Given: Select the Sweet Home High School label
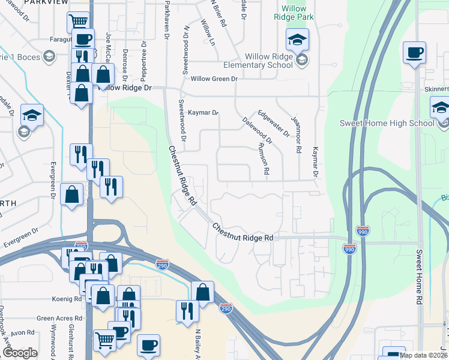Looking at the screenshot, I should click(x=387, y=124).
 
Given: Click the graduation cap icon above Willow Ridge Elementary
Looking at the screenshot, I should click(x=296, y=40).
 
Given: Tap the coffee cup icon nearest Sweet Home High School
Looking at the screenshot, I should click(x=414, y=53).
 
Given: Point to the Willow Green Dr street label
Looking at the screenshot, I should click(x=214, y=79).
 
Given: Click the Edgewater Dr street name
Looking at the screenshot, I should click(x=274, y=122).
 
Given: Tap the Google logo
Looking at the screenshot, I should click(x=20, y=353).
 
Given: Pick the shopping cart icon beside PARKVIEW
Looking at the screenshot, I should click(x=78, y=22).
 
